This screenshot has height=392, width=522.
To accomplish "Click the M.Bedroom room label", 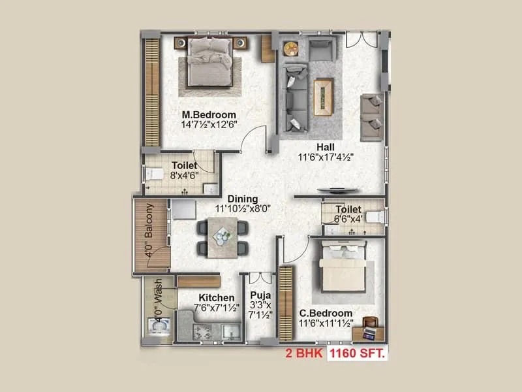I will [x=209, y=115].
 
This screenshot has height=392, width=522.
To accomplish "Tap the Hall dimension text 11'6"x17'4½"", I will [x=326, y=157].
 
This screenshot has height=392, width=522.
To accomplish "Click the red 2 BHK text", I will [x=305, y=353].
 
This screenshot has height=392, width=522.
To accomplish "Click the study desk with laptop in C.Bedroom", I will [x=367, y=331].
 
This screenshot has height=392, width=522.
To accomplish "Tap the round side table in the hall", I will [x=290, y=48].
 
